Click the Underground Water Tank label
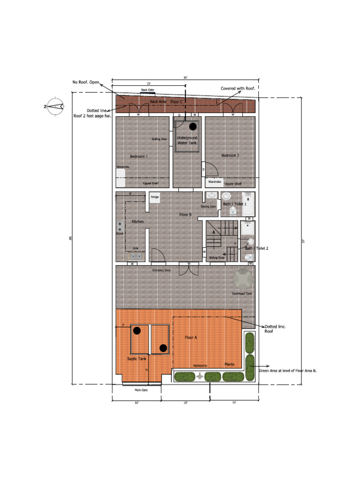tap(187, 140)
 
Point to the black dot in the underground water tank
tap(193, 126)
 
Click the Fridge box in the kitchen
tap(155, 197)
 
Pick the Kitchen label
tap(137, 221)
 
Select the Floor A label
tap(191, 337)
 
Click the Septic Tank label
tap(137, 359)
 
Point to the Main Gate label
tap(141, 390)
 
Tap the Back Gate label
tap(147, 90)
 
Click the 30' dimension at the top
tap(186, 77)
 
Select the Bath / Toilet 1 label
tap(234, 204)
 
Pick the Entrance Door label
tap(161, 270)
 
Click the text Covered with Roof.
tap(238, 88)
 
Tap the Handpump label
tap(200, 365)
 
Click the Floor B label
tap(186, 215)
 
